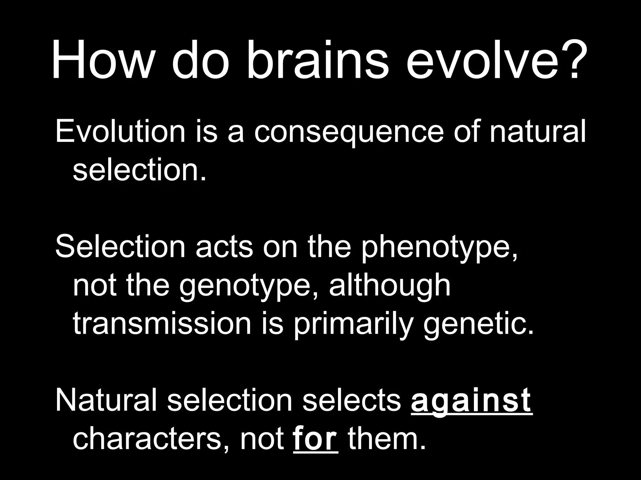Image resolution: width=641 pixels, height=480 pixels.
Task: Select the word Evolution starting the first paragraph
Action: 121,132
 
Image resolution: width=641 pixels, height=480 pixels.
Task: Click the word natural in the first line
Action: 537,132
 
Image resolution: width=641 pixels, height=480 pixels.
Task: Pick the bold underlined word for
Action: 315,439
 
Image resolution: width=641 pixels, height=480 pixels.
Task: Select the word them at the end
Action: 387,439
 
